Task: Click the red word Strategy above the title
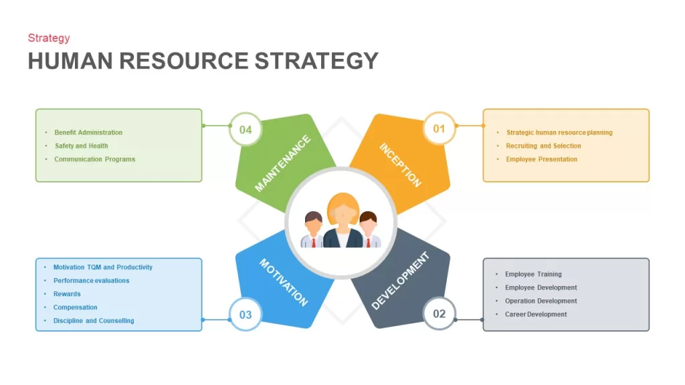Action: click(x=49, y=38)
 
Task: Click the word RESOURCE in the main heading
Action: click(x=183, y=61)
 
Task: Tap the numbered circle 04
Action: click(x=246, y=129)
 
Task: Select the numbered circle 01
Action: click(x=439, y=128)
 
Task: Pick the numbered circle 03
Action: click(x=246, y=314)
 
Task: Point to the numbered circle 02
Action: click(x=439, y=313)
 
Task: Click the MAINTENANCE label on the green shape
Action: click(x=282, y=163)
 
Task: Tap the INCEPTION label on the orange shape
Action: click(x=400, y=165)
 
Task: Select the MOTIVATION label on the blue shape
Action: click(x=284, y=282)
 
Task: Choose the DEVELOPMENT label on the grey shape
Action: click(x=400, y=281)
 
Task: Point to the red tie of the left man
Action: click(x=313, y=243)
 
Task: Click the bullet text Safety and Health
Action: click(x=81, y=146)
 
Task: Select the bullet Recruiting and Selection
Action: click(x=543, y=146)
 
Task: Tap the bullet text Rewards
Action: click(x=67, y=294)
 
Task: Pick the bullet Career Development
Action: click(x=536, y=314)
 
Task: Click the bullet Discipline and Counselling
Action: click(x=94, y=320)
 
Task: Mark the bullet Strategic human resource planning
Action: click(x=559, y=132)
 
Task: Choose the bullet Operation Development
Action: click(x=541, y=301)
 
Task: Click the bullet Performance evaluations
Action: click(x=91, y=280)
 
